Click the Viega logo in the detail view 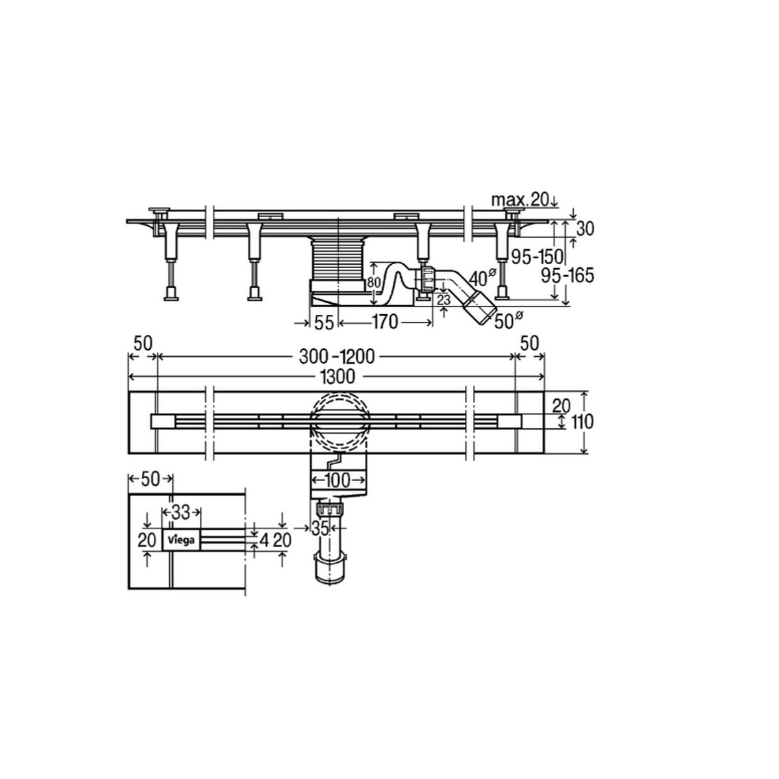180,539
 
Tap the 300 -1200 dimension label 337,356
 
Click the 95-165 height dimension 567,276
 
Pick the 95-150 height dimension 537,256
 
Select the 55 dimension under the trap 323,323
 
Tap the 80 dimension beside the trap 374,282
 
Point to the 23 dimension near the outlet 444,299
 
